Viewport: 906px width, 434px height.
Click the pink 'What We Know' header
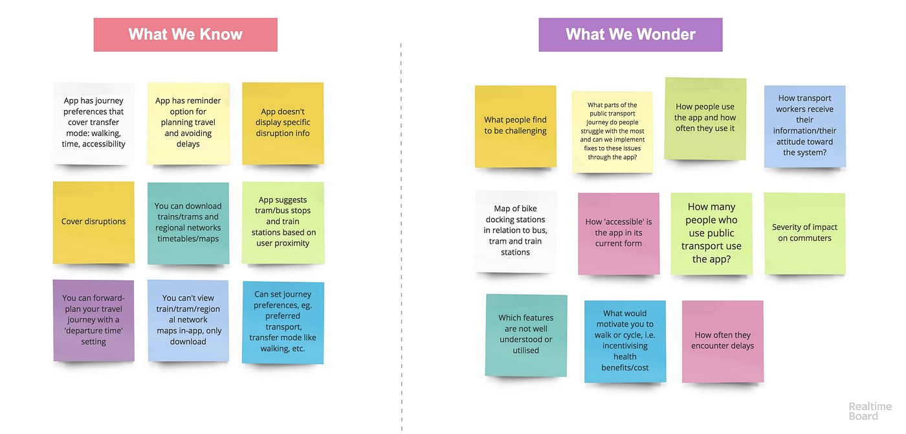185,34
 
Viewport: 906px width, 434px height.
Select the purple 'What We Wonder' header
630,34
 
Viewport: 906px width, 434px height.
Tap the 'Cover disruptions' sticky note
93,222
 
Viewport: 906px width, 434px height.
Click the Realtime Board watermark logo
870,411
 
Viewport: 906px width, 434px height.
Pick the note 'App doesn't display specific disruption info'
283,123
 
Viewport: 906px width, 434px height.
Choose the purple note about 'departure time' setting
93,320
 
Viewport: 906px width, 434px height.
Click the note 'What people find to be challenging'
515,126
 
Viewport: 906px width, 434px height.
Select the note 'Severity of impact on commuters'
804,233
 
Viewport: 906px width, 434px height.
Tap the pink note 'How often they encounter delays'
722,341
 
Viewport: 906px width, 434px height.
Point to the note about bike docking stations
515,231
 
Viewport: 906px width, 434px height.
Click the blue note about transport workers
804,126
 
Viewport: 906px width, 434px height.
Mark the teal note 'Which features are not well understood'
525,335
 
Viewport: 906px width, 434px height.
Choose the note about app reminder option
188,123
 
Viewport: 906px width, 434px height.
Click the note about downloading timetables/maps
188,223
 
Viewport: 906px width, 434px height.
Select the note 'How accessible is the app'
619,233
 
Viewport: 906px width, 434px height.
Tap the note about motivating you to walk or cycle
625,341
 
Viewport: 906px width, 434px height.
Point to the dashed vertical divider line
401,237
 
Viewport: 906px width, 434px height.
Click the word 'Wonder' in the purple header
665,34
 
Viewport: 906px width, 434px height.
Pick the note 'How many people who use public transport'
711,233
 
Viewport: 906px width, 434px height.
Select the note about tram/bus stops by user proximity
283,222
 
